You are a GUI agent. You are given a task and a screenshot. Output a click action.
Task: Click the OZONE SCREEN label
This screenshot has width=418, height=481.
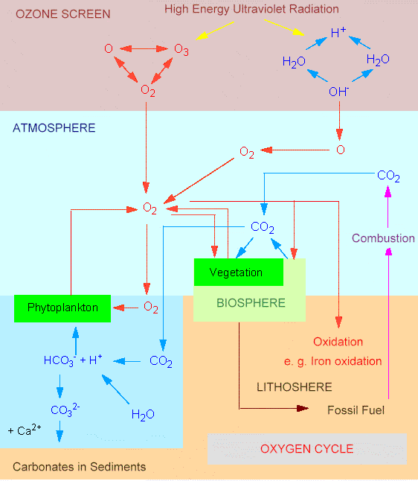[62, 14]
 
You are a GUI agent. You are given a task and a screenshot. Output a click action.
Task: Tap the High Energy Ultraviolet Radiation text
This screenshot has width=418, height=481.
[251, 9]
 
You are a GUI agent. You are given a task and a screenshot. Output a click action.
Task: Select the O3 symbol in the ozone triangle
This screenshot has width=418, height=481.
[181, 50]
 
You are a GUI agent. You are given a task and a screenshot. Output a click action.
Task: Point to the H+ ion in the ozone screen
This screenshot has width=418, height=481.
[338, 32]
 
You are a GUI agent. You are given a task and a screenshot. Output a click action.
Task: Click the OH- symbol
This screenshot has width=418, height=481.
[338, 92]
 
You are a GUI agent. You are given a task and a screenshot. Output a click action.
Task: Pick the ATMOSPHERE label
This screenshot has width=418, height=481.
[54, 128]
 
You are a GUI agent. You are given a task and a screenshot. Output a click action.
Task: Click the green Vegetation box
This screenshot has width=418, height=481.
[239, 272]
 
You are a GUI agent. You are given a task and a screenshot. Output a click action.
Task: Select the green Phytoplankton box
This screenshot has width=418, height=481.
[62, 308]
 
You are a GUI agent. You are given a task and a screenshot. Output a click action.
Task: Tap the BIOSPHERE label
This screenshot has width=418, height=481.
[251, 303]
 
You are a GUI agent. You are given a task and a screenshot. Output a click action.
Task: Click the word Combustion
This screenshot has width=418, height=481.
[383, 238]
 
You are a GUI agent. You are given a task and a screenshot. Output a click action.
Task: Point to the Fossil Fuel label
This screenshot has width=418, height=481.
[356, 410]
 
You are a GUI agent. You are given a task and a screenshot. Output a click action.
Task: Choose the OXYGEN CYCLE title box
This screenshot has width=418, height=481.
[307, 449]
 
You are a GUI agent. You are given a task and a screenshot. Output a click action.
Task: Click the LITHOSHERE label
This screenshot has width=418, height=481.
[295, 387]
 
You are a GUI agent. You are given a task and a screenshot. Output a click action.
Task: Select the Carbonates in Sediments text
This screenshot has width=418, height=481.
[79, 467]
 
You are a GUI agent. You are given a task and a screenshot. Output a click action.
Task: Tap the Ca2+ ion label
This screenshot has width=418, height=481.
[25, 430]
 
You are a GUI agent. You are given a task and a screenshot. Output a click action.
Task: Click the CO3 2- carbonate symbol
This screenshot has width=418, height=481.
[65, 410]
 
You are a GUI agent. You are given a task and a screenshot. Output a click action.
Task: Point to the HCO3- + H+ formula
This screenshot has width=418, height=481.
[73, 360]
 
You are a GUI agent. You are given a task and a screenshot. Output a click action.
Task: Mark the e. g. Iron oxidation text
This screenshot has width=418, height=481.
[332, 361]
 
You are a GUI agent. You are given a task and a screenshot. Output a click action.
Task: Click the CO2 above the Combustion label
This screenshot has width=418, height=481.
[388, 176]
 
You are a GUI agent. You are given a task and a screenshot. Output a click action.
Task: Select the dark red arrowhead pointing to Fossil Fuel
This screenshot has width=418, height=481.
[303, 408]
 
